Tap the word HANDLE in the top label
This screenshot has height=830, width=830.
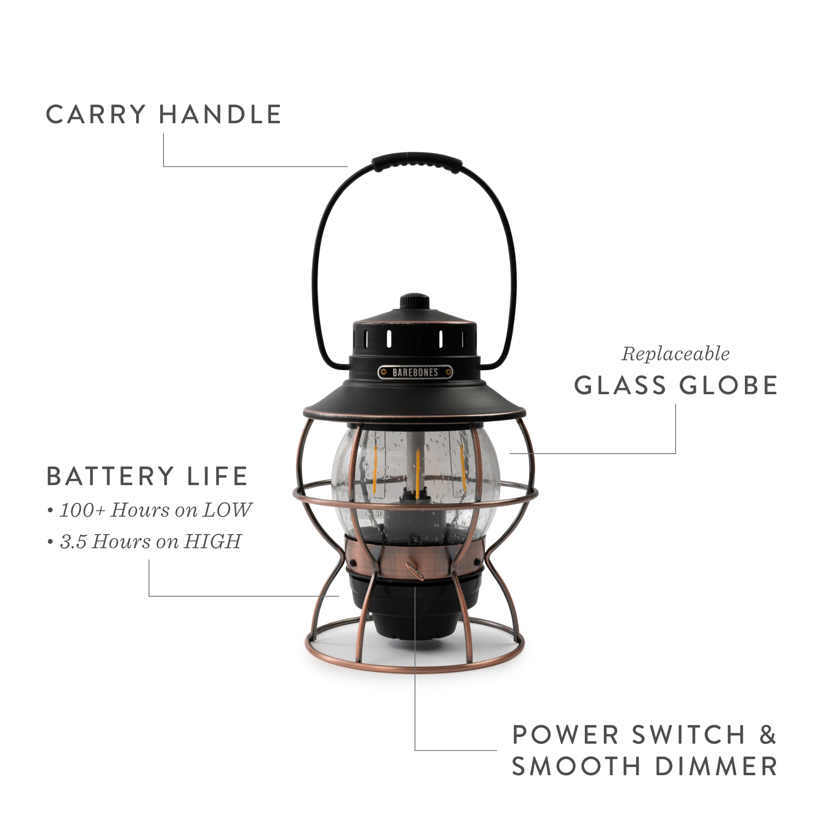coord(220,115)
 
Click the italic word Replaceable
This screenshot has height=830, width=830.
coord(675,354)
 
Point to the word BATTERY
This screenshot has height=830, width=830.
coord(110,476)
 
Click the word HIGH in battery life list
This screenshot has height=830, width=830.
coord(212,541)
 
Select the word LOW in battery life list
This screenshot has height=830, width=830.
coord(227,510)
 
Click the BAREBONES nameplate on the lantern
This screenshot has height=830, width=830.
coord(415,372)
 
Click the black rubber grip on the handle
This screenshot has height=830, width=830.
coord(417,162)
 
